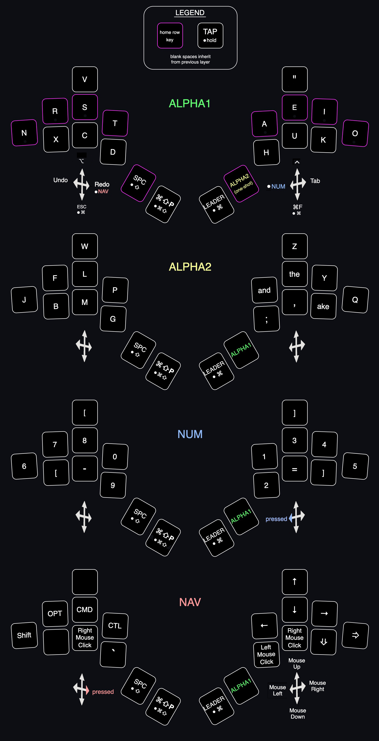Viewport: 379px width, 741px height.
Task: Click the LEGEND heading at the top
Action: click(x=190, y=13)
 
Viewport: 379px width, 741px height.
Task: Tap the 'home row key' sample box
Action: click(x=170, y=36)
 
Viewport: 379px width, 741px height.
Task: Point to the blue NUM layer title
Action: click(x=190, y=434)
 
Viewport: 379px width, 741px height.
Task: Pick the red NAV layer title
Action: click(x=190, y=602)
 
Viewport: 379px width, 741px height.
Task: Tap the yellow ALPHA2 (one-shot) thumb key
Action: click(x=241, y=184)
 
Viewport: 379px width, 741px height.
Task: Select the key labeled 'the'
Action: click(x=294, y=274)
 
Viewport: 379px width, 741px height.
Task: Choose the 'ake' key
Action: click(x=323, y=306)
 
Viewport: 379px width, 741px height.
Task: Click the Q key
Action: click(x=355, y=300)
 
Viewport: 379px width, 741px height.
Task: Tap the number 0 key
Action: click(x=115, y=456)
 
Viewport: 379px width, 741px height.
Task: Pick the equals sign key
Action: click(x=294, y=469)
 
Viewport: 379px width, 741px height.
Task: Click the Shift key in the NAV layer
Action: click(x=24, y=635)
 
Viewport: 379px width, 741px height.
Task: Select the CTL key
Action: click(x=115, y=626)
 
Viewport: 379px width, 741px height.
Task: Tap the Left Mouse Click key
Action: click(x=266, y=654)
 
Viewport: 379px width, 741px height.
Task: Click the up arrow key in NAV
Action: click(x=294, y=582)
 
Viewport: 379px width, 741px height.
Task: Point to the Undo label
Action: click(x=60, y=180)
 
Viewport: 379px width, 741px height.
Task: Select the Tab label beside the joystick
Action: click(x=315, y=181)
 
